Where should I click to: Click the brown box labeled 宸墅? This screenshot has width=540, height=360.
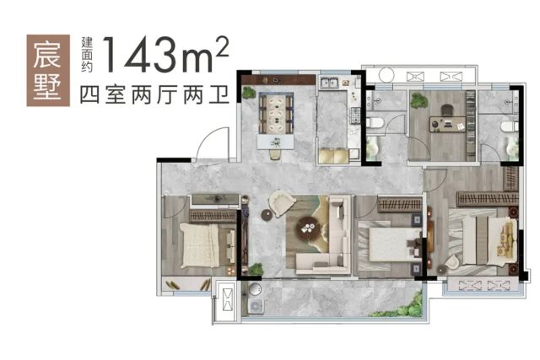pyautogui.click(x=48, y=70)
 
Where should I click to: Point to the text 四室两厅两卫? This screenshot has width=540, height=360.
pyautogui.click(x=154, y=95)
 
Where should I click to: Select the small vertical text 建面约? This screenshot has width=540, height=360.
pyautogui.click(x=87, y=54)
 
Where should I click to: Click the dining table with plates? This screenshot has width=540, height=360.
pyautogui.click(x=276, y=114)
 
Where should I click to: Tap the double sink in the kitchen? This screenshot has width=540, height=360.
pyautogui.click(x=329, y=83)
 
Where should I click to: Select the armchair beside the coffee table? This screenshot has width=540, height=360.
pyautogui.click(x=283, y=203)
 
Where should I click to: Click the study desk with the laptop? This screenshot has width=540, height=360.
pyautogui.click(x=447, y=124)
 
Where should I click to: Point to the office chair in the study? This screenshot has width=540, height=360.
pyautogui.click(x=447, y=110)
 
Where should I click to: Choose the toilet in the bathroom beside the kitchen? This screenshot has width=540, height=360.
pyautogui.click(x=375, y=122)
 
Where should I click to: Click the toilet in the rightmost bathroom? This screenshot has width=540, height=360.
pyautogui.click(x=510, y=126)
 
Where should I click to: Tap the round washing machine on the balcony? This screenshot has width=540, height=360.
pyautogui.click(x=255, y=289)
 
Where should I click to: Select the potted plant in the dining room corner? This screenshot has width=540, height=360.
pyautogui.click(x=247, y=92)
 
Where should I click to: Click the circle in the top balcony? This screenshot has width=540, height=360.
pyautogui.click(x=386, y=75)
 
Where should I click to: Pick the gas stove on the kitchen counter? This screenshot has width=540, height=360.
pyautogui.click(x=355, y=116)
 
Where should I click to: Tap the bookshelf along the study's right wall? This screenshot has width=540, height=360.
pyautogui.click(x=471, y=126)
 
